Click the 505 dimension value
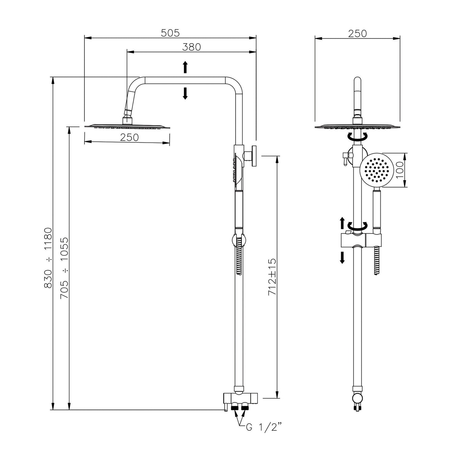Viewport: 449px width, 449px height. pos(170,33)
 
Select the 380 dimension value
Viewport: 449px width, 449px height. pos(191,47)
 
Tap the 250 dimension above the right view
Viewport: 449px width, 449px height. pos(357,34)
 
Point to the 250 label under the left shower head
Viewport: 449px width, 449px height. pos(129,137)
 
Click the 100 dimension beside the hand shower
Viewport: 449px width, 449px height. pos(400,170)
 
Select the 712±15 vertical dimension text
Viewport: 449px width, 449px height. pos(272,277)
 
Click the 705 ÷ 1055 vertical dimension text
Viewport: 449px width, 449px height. pos(64,268)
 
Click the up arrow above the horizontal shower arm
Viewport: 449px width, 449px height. pos(185,67)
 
